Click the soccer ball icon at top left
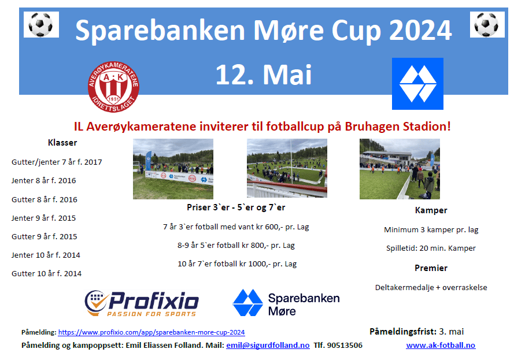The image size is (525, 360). [x=41, y=24]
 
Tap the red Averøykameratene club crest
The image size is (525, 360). [x=113, y=87]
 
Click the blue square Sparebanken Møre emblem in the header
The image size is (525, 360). [x=417, y=84]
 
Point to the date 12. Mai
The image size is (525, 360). [x=264, y=75]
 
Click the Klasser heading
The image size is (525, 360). [x=62, y=143]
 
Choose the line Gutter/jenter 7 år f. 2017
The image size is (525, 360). [x=57, y=162]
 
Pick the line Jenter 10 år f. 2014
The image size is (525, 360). [x=46, y=255]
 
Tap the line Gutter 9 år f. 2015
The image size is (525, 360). [x=44, y=236]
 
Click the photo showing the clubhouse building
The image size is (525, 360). [x=400, y=169]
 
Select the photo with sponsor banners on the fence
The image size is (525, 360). [x=173, y=169]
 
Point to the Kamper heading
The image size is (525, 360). [x=431, y=210]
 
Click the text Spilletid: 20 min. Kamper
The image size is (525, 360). [x=431, y=248]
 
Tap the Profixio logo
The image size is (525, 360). [x=142, y=303]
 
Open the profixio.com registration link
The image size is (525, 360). [x=151, y=332]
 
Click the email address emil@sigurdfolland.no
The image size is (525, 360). [x=268, y=346]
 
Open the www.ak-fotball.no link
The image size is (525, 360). [x=441, y=346]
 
